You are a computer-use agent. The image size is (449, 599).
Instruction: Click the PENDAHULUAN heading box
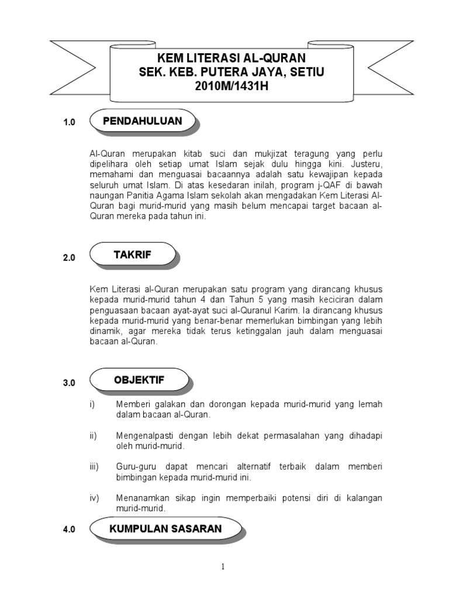142,122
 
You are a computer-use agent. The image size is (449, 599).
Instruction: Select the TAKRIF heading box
132,254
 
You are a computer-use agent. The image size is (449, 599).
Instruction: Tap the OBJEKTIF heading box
139,380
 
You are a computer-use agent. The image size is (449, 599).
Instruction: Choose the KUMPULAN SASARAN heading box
165,529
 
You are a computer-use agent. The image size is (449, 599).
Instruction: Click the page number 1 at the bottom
223,566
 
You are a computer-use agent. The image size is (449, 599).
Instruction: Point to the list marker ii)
94,436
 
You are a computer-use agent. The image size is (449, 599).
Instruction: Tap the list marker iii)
94,467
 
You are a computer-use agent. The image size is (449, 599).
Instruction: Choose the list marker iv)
94,498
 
